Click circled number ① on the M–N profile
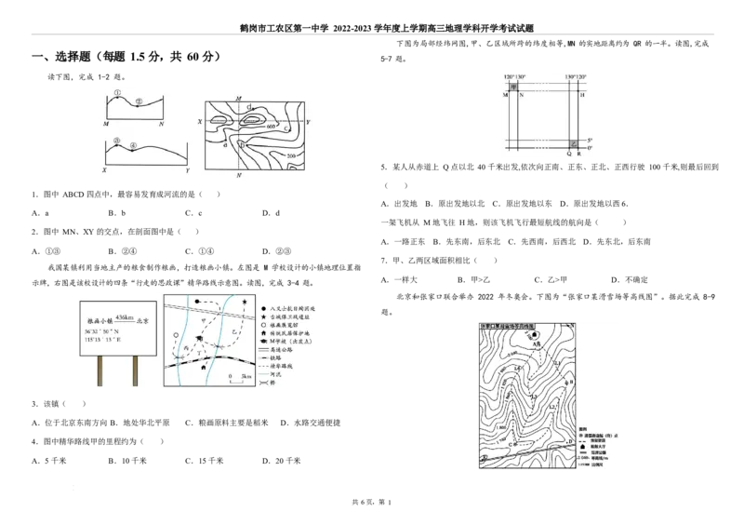tap(118, 93)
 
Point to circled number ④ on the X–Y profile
tap(134, 145)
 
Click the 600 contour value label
tap(271, 126)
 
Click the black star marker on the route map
tap(244, 303)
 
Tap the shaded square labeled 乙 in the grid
tap(573, 144)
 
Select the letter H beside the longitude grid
tap(582, 95)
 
